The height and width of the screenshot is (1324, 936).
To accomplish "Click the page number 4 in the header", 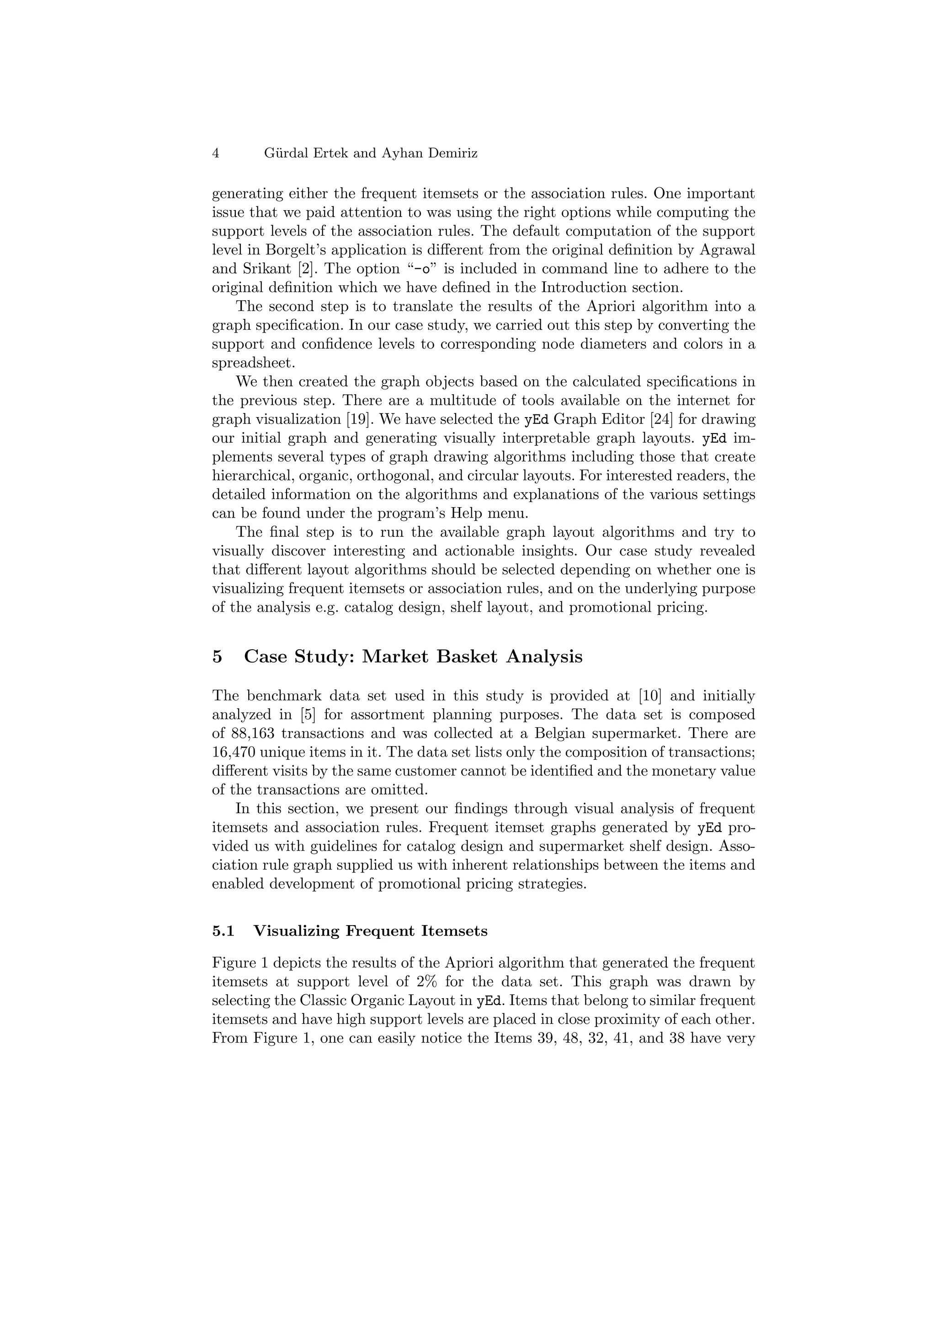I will [216, 154].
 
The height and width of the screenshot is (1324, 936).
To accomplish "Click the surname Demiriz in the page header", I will [453, 154].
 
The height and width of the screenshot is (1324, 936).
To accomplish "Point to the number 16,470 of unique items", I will [234, 752].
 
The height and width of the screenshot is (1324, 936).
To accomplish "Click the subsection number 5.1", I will [223, 931].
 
